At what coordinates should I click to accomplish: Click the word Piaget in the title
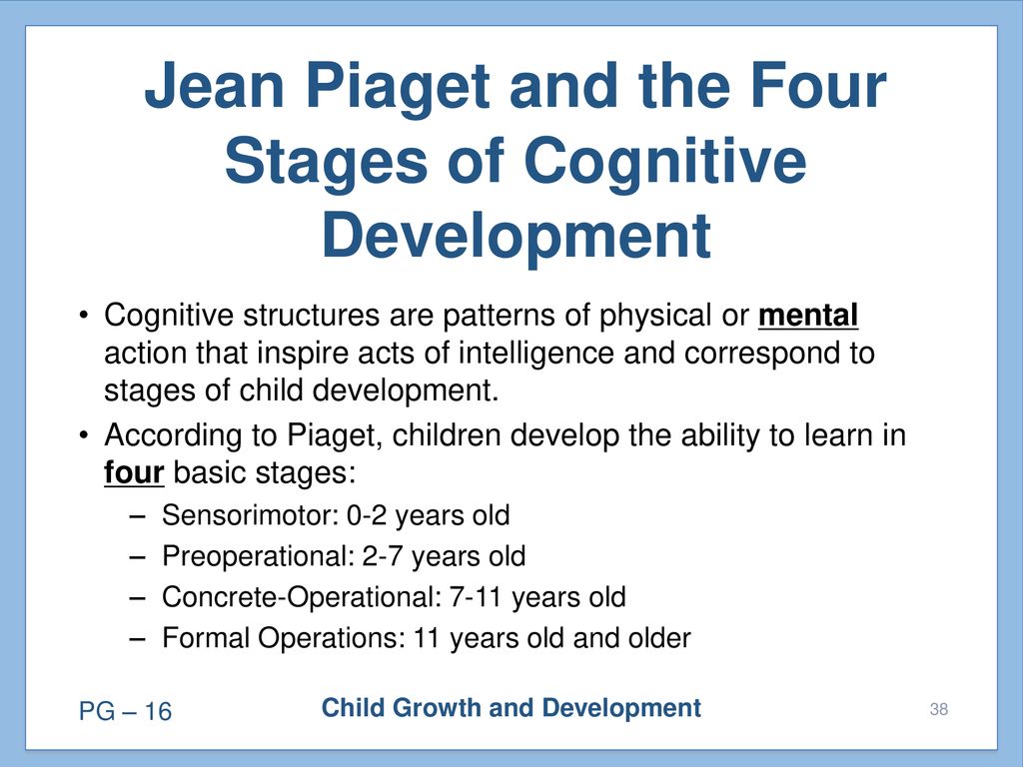(x=398, y=87)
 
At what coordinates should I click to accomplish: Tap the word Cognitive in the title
(x=664, y=161)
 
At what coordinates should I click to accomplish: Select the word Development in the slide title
(x=516, y=236)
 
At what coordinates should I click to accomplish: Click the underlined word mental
(x=807, y=317)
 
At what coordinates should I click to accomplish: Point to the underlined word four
(x=134, y=472)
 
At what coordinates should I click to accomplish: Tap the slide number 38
(x=939, y=709)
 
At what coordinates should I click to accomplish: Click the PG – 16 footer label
(x=125, y=711)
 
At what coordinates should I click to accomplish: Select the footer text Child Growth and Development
(x=511, y=708)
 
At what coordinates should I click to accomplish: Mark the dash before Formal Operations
(x=137, y=639)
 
